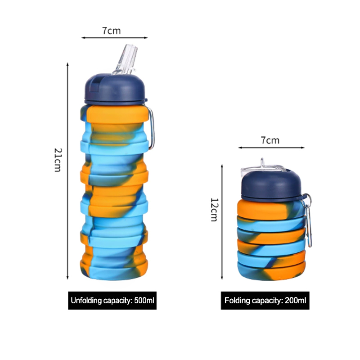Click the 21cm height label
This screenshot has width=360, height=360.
(58, 160)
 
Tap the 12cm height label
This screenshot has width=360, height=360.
(214, 210)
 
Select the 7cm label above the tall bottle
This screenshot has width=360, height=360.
(111, 31)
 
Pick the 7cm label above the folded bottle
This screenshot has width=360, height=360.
(270, 140)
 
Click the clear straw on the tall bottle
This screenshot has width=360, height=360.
(125, 60)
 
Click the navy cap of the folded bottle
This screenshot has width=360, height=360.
(272, 185)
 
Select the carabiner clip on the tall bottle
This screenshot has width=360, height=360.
(151, 128)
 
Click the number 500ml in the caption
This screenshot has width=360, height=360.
(144, 301)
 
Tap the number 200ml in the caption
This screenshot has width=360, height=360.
(296, 301)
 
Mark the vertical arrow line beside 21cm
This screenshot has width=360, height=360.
(67, 171)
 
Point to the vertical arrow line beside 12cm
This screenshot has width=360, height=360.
(222, 222)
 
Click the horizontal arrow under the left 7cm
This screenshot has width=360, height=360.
(115, 38)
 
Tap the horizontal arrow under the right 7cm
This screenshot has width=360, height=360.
(271, 148)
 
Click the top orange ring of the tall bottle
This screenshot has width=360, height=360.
(117, 114)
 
